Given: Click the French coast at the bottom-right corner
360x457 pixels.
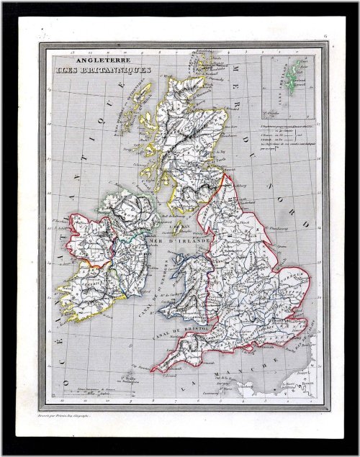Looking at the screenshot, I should click(x=306, y=381).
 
